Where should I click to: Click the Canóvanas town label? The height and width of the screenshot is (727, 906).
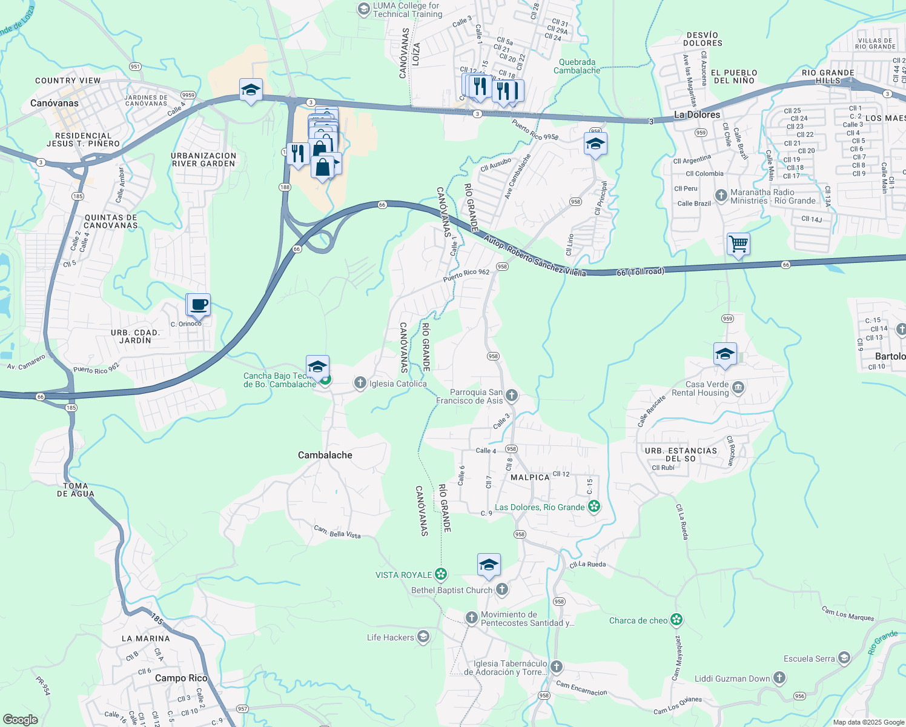pos(55,103)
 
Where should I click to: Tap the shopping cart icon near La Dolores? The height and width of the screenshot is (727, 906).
pos(738,244)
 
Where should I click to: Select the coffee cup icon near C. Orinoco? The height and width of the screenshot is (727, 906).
pos(199,304)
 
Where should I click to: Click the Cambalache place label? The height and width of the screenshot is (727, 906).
pos(325,455)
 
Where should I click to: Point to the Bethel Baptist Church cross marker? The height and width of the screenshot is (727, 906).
pos(502,589)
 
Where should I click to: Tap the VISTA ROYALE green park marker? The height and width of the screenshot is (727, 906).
pos(441,574)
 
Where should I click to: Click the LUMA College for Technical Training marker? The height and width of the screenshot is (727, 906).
pos(363,8)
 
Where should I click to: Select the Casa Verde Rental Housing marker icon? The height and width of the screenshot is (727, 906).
pos(738,388)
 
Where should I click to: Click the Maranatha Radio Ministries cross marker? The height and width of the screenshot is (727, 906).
pos(721,196)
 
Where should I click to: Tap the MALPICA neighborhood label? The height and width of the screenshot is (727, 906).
pos(530,477)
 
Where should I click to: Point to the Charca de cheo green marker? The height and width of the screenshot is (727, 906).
pos(676,620)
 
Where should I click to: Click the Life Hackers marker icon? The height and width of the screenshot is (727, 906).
pos(423,636)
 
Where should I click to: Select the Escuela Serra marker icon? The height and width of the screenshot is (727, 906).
pos(844,658)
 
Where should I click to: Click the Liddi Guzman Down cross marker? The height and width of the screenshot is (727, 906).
pos(779,678)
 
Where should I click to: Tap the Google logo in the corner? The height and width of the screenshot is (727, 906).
pos(21,720)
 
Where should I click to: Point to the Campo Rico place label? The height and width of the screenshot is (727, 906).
pos(181,678)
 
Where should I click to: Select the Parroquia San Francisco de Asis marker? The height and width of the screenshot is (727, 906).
pos(512,396)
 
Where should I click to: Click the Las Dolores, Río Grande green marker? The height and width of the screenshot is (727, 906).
pos(594,506)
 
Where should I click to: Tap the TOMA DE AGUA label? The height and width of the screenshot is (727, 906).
pos(76,490)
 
